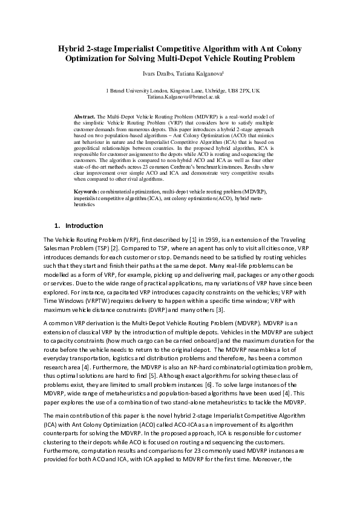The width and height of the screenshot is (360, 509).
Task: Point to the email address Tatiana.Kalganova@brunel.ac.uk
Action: coord(180,96)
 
